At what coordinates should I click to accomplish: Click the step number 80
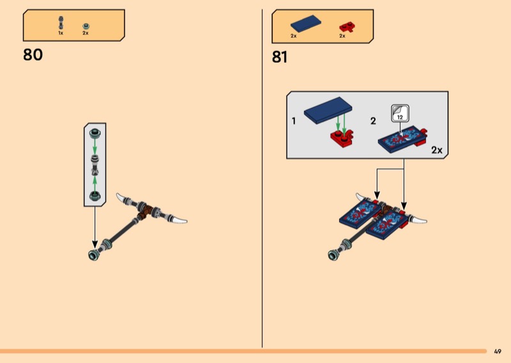pos(33,55)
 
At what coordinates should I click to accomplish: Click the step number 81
pos(280,57)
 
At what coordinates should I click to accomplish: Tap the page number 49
pos(498,351)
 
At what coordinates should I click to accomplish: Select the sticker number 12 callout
pos(400,114)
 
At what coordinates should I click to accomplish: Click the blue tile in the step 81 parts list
pos(306,24)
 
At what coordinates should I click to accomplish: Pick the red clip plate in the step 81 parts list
pos(347,27)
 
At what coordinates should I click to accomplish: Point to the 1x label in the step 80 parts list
pos(61,33)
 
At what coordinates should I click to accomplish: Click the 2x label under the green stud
pos(86,33)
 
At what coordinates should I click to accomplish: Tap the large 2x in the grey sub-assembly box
pos(437,150)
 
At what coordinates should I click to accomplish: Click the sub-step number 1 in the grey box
pos(294,121)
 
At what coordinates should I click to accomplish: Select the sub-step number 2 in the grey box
pos(373,121)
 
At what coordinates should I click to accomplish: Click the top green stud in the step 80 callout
pos(95,133)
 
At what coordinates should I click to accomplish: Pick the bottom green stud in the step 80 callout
pos(95,196)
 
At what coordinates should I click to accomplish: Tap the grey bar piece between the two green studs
pos(95,164)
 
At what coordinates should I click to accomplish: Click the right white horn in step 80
pos(177,219)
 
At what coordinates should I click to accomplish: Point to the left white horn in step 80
pos(124,197)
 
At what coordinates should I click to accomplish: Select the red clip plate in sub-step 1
pos(342,138)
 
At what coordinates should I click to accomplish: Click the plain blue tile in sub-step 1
pos(328,110)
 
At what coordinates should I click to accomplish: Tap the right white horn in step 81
pos(417,219)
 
